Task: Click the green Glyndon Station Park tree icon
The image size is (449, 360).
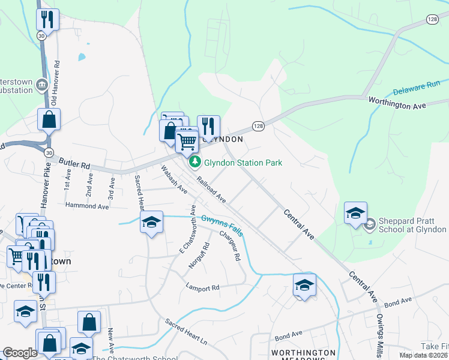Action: coord(194,162)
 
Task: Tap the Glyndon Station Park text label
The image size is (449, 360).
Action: coord(243,163)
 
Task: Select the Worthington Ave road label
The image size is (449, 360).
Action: coord(397,104)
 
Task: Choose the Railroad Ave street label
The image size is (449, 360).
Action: coord(210,189)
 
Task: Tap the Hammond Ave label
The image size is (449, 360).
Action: coord(87,206)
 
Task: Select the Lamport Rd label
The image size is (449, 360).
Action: coord(202,288)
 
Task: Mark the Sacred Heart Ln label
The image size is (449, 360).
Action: coord(187,331)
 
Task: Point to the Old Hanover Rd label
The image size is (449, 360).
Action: coord(56,75)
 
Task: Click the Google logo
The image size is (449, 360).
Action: coord(20,353)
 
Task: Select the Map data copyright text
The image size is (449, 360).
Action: coord(423,355)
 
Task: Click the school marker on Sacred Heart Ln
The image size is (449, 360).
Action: coord(152,221)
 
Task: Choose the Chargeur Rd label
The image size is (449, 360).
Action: coord(230,247)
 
